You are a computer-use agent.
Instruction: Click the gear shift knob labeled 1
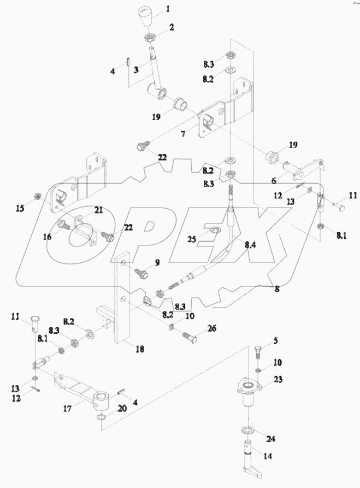click(x=144, y=15)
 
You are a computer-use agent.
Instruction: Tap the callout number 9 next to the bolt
click(x=157, y=263)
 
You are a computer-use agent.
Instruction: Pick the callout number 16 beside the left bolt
click(x=49, y=237)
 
